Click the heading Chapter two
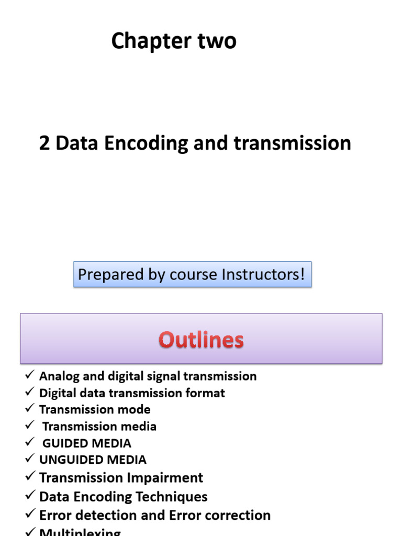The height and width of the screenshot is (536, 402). [x=174, y=41]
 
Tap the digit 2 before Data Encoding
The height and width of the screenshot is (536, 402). [x=44, y=143]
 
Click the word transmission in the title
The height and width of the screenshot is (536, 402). [x=292, y=143]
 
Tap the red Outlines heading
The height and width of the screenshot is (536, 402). [x=202, y=340]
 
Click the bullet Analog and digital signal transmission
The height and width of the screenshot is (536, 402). [x=148, y=376]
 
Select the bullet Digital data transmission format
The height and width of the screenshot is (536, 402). [x=132, y=393]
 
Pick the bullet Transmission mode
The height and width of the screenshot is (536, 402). [x=95, y=409]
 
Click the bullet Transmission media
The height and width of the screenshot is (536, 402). [x=99, y=426]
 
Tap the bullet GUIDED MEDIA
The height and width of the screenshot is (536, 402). [x=86, y=443]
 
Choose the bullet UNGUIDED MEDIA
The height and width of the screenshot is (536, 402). [x=93, y=460]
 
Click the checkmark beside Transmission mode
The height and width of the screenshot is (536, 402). [x=30, y=408]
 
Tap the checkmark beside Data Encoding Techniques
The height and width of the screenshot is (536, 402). [x=30, y=495]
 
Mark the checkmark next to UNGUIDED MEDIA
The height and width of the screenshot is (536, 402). [x=30, y=459]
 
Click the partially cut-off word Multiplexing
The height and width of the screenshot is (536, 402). [x=80, y=532]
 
